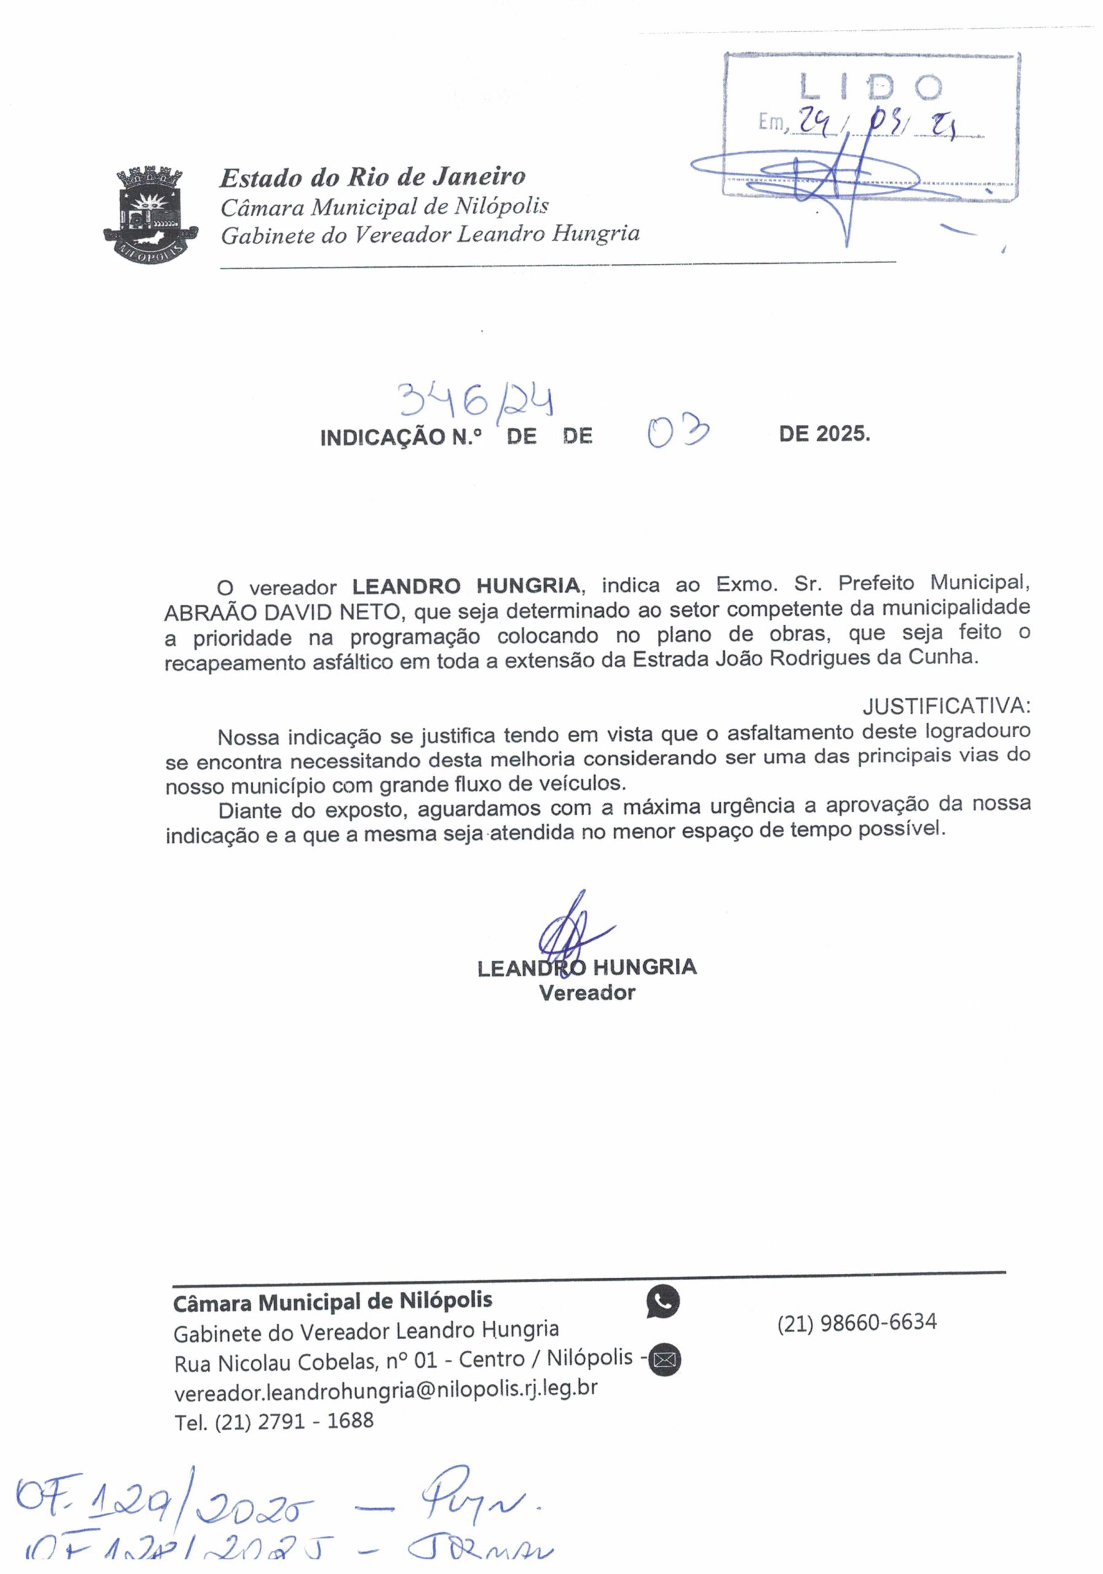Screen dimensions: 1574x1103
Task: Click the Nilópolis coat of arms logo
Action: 150,212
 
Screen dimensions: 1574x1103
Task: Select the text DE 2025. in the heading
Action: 824,434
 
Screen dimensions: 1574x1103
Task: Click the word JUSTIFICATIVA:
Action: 946,705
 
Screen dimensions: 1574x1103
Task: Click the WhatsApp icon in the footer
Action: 663,1302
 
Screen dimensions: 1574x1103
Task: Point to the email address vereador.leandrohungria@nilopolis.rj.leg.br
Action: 386,1390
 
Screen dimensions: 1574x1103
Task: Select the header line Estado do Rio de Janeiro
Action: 372,177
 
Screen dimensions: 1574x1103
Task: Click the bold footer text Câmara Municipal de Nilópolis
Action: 333,1301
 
